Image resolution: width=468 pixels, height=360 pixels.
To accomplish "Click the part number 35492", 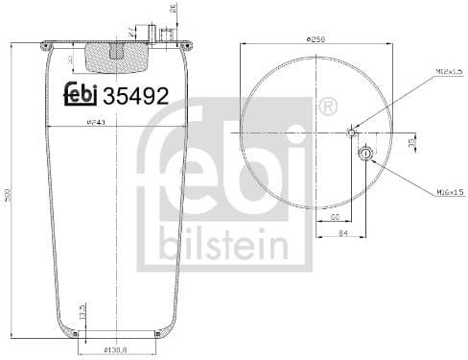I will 136,97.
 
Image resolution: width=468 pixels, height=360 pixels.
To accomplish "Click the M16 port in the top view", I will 365,153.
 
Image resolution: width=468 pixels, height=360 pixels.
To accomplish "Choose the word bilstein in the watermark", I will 224,245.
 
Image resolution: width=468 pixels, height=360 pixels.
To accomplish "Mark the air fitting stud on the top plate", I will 166,36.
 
